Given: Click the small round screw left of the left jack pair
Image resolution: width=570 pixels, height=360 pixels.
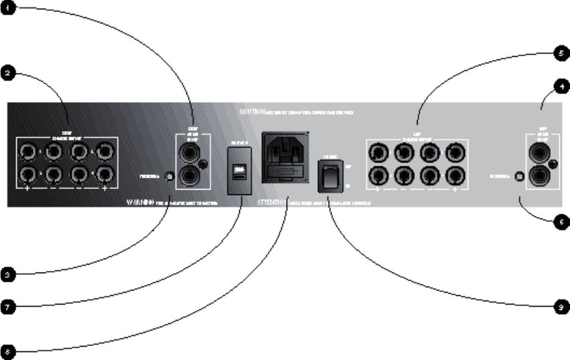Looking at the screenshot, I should (168, 176).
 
